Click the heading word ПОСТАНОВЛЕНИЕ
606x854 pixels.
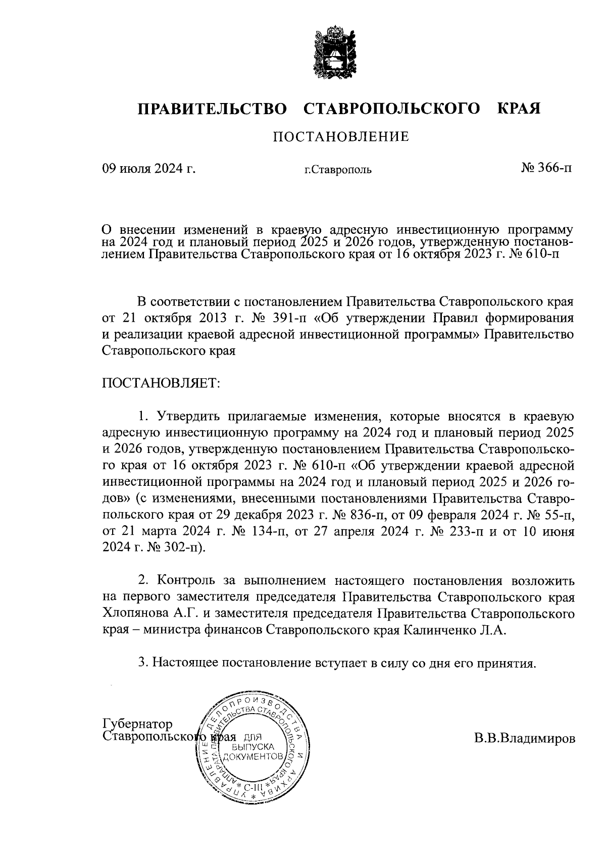[341, 137]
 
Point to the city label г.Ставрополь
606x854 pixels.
[338, 170]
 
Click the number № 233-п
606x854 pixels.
[450, 532]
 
